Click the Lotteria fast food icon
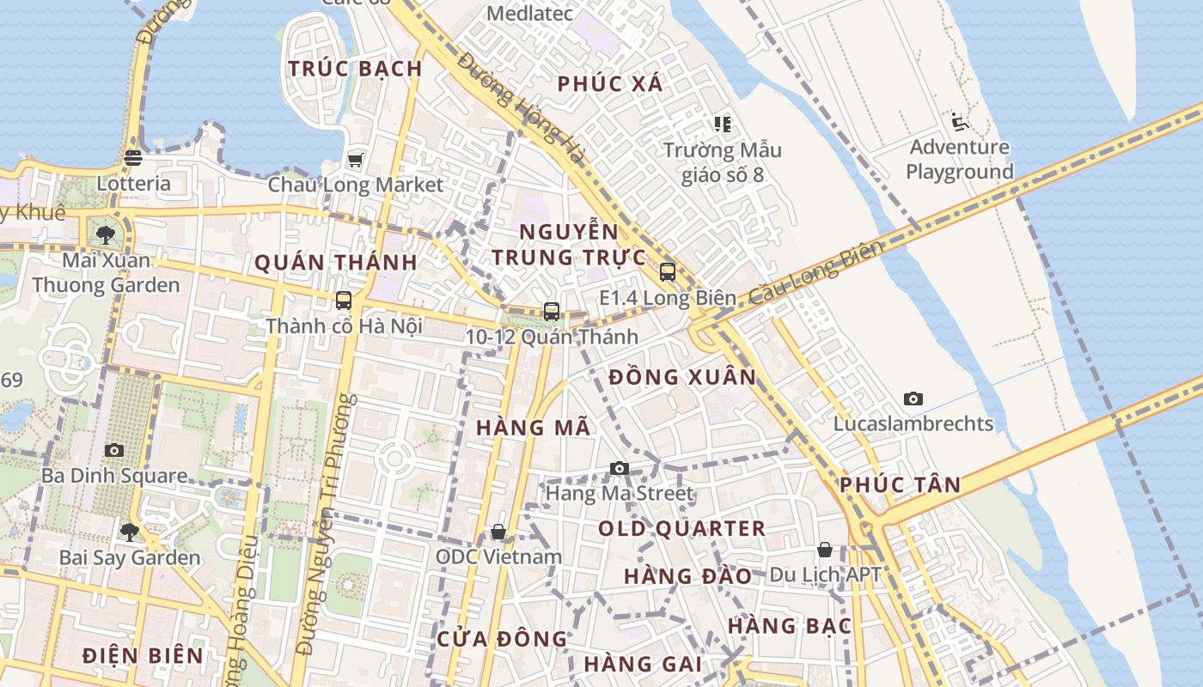point(132,158)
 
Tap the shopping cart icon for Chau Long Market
point(355,160)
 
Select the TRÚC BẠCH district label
point(355,69)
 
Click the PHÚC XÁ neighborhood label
point(610,84)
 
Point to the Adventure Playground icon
point(959,122)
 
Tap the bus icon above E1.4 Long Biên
point(668,272)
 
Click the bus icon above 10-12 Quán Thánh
point(552,312)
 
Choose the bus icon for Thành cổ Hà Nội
point(344,301)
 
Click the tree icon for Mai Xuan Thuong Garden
point(106,234)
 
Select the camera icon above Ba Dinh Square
point(114,450)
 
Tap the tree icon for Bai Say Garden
point(130,532)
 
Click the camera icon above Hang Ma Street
point(620,468)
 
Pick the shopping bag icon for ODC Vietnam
point(498,532)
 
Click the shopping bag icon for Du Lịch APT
point(825,550)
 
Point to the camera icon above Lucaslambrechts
point(913,398)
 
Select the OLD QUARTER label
point(681,529)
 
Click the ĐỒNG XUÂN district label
point(682,377)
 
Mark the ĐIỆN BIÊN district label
point(144,656)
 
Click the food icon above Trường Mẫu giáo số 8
point(722,125)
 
